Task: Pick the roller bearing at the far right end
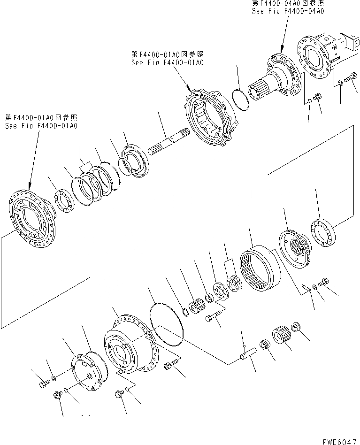(323, 232)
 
